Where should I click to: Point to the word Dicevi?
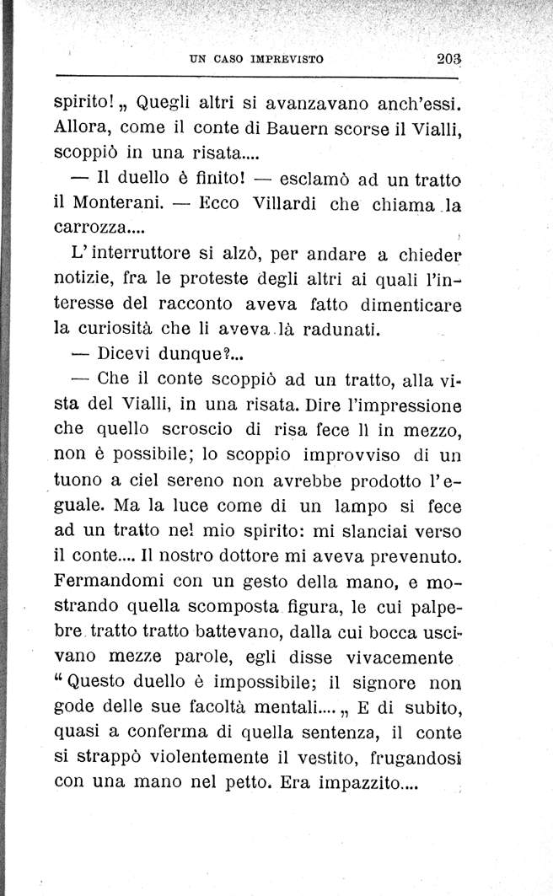pos(128,353)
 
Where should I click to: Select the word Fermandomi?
pos(108,582)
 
